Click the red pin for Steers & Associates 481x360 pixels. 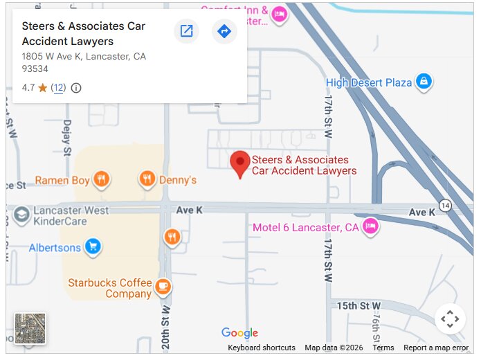(x=240, y=163)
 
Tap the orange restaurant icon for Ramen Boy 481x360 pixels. (x=102, y=180)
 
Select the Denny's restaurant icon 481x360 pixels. (x=147, y=180)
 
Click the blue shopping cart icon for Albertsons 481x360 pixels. (x=93, y=246)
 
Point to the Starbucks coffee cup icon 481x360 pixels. (x=163, y=285)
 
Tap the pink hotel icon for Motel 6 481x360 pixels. (x=371, y=226)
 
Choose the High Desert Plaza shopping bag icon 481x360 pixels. (x=424, y=82)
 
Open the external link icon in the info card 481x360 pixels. (x=186, y=31)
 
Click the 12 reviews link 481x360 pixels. (x=59, y=88)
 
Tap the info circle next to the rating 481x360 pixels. (x=76, y=88)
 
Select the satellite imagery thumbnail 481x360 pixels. (x=30, y=329)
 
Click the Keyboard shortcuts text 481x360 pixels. (x=262, y=348)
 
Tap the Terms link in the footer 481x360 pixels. (x=383, y=348)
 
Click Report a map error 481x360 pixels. (x=436, y=348)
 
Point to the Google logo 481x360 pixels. (x=239, y=333)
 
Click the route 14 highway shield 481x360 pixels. (x=445, y=206)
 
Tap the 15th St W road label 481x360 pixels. (x=359, y=305)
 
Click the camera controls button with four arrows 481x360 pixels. (x=450, y=319)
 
